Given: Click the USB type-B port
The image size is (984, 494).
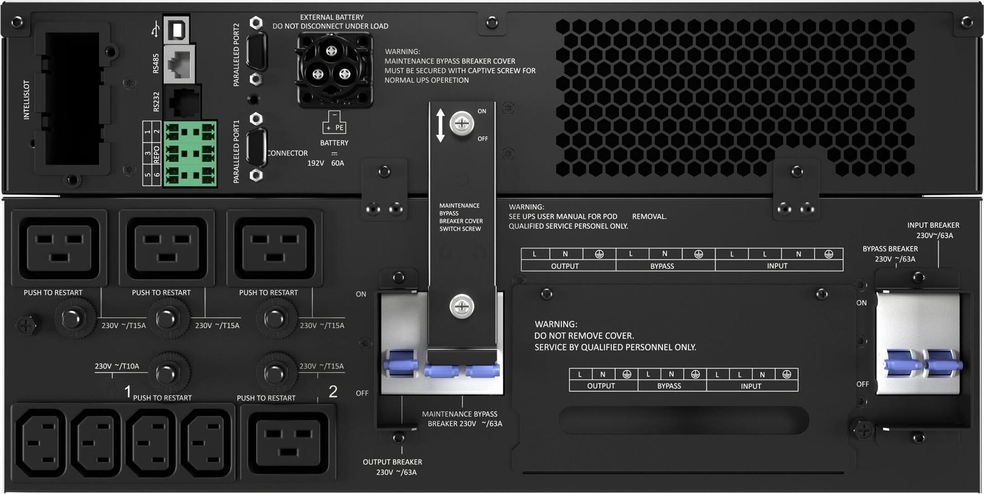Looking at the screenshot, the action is [177, 29].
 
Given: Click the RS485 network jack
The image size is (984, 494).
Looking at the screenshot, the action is [179, 64].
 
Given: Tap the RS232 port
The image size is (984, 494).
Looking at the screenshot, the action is [184, 102].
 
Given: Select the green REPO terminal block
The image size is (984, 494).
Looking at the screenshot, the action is [190, 154].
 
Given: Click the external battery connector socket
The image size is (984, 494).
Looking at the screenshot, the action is [334, 70].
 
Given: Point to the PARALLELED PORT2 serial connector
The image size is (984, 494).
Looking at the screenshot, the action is [256, 50].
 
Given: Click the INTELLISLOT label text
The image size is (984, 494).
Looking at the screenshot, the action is [27, 100].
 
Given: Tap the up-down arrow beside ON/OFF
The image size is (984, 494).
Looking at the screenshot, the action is [440, 125].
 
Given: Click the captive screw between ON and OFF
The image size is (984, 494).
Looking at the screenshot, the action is [462, 123].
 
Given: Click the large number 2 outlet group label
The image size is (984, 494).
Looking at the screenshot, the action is [333, 392].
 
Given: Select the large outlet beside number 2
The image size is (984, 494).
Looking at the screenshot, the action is [289, 443].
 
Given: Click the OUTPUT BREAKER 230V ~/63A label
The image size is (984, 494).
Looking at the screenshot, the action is [393, 467].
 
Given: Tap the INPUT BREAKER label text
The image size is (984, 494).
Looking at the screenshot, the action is [933, 225].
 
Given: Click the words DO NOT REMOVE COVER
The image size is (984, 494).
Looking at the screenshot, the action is [584, 336].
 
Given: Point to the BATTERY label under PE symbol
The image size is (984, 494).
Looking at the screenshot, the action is [334, 143].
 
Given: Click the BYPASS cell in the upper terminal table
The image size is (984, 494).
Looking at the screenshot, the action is [662, 266].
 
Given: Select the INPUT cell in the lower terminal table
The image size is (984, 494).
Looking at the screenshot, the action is [751, 386].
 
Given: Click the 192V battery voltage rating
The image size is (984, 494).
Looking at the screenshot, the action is [316, 163].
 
